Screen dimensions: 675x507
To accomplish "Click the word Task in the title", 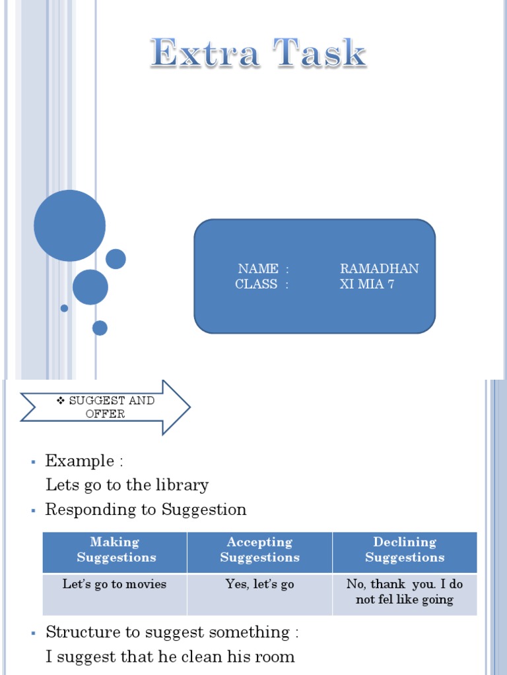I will [320, 53].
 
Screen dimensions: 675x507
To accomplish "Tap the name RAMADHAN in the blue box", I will [379, 269].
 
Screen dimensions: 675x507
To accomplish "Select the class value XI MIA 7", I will [366, 285].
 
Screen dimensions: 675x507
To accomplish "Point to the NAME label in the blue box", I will [258, 269].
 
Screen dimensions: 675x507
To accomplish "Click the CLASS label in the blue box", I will [257, 285].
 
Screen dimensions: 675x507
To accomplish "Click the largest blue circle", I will [69, 225].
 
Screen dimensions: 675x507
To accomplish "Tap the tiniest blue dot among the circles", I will [64, 308].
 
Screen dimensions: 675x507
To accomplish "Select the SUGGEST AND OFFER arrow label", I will [105, 407].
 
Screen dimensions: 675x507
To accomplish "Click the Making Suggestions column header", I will [116, 550].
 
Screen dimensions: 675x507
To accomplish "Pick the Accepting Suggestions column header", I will [259, 550].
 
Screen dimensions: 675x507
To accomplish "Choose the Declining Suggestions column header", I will [405, 550].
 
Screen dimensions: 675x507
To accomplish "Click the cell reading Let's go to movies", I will [115, 584].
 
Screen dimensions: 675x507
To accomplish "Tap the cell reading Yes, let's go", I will [259, 584].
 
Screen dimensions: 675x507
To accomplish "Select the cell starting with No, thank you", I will [405, 592].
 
